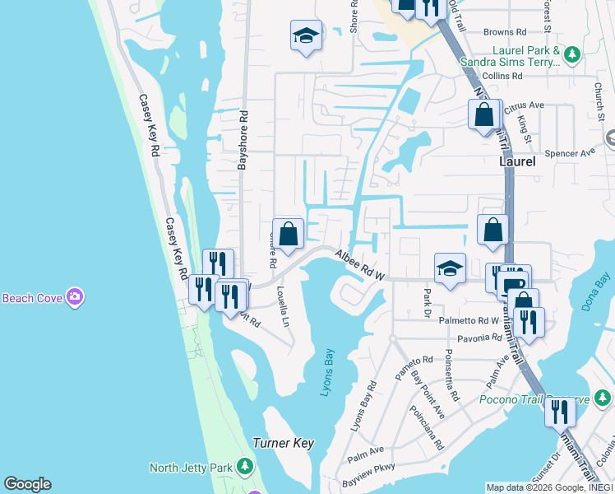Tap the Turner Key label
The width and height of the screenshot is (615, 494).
point(284,443)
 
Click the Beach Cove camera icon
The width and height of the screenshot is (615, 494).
point(76,296)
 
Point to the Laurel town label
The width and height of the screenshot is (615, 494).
point(517,161)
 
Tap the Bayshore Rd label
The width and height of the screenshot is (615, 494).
point(243,139)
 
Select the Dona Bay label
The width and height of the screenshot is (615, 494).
point(597,293)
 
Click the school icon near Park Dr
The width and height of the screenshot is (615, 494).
point(450,268)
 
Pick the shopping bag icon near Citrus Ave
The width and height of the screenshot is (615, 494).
point(484,114)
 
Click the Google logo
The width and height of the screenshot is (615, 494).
point(27,484)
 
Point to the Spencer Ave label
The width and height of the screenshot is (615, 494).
point(570,153)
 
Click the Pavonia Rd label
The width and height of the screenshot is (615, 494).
point(473,338)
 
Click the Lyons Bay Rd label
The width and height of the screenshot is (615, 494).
point(363,406)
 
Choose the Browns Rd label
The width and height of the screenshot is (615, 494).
point(504,32)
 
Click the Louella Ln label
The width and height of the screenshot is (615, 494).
point(282,306)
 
